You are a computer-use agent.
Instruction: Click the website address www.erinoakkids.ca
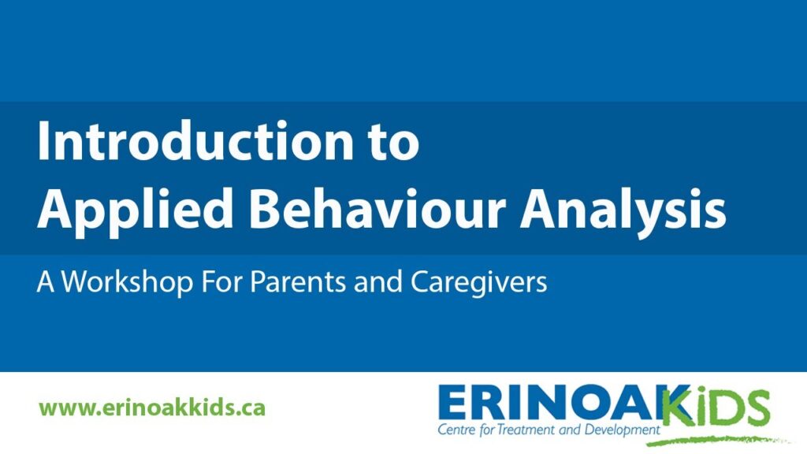(152, 408)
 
